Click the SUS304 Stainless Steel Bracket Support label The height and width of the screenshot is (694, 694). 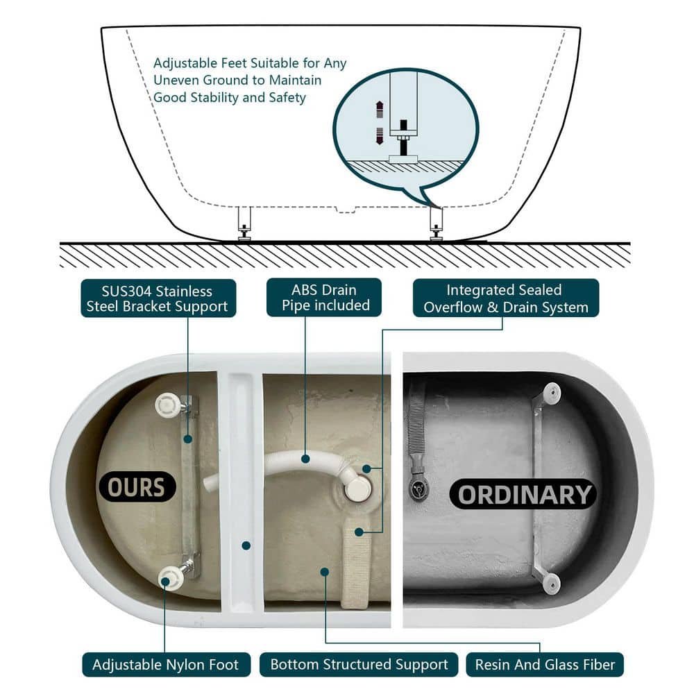158,298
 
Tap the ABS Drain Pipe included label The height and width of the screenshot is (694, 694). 324,298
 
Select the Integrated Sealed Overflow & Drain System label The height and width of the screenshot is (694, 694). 506,298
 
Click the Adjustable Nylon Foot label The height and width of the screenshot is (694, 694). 166,664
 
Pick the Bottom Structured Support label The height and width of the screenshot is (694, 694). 359,664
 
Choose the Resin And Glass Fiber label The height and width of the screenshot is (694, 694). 545,664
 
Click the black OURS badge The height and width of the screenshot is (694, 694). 136,487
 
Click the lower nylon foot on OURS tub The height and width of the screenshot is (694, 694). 171,577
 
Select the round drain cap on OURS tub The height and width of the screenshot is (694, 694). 357,488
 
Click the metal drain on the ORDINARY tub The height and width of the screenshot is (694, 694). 417,488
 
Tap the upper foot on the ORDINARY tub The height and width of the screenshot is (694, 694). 552,393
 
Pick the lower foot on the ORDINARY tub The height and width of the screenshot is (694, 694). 552,584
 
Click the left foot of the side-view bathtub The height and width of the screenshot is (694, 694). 244,224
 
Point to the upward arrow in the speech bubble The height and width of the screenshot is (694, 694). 380,110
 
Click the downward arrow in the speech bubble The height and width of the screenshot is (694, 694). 380,136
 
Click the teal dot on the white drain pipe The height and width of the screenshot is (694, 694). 305,459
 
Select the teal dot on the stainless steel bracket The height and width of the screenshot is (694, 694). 187,439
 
